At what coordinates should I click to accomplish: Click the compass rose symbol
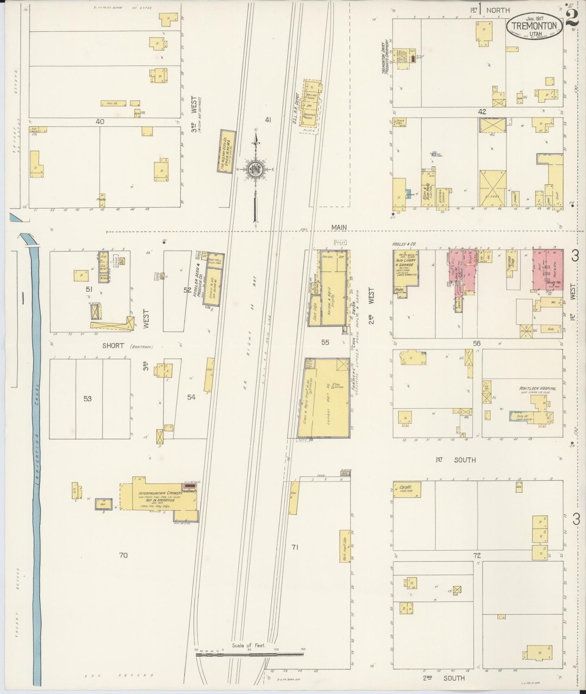(256, 170)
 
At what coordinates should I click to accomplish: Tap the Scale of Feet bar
(250, 654)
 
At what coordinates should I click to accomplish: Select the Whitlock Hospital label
(537, 388)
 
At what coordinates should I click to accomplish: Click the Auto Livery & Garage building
(405, 271)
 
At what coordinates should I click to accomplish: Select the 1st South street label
(456, 460)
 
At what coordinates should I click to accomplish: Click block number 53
(88, 399)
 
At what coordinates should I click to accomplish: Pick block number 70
(123, 555)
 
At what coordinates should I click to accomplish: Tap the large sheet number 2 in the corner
(572, 17)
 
